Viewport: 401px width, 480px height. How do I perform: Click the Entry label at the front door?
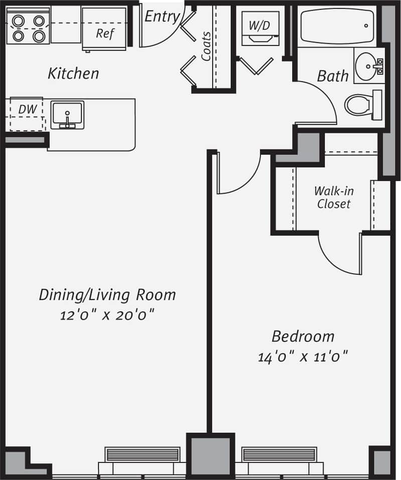[162, 17]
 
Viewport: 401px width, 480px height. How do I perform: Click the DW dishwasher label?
[25, 109]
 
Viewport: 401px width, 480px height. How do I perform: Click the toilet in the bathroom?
[360, 105]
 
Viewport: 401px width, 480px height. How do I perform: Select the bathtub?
[336, 26]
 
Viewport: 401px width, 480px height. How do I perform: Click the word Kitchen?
[73, 74]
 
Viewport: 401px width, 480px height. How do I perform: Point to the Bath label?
[332, 76]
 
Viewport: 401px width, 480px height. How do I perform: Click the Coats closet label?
[206, 47]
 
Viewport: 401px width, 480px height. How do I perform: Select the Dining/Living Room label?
[107, 294]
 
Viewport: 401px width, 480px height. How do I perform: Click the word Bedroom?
[303, 336]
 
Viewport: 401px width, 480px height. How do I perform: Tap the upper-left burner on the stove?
[19, 21]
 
